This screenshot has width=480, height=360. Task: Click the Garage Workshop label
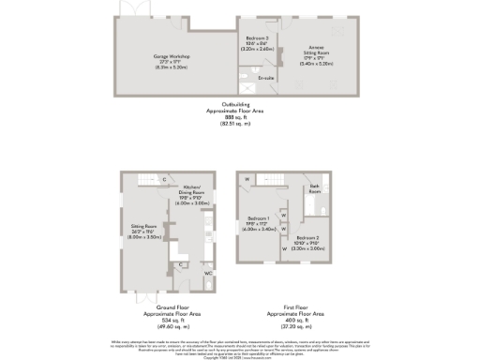point(172,60)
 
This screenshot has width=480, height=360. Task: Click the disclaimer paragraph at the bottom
point(240,346)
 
